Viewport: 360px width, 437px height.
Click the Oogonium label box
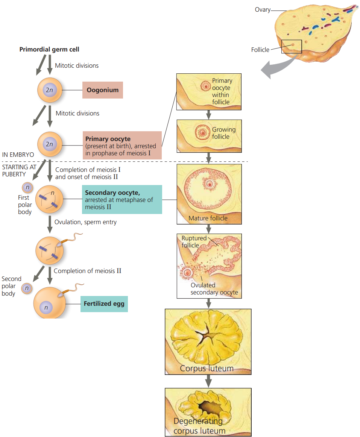pyautogui.click(x=102, y=90)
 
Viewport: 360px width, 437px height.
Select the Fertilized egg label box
pyautogui.click(x=104, y=303)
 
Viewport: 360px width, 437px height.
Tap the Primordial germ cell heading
pyautogui.click(x=49, y=49)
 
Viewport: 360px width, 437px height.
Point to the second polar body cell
pyautogui.click(x=26, y=288)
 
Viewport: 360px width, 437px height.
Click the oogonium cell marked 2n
pyautogui.click(x=49, y=90)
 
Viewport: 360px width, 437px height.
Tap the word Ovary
pyautogui.click(x=262, y=10)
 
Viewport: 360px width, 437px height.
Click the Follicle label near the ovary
pyautogui.click(x=260, y=50)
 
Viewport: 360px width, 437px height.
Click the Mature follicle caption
pyautogui.click(x=208, y=218)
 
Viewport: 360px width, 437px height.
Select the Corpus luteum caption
pyautogui.click(x=207, y=368)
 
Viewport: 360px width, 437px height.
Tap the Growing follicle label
pyautogui.click(x=223, y=133)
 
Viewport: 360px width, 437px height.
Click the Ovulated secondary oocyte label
pyautogui.click(x=214, y=289)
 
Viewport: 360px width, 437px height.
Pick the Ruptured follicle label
pyautogui.click(x=193, y=241)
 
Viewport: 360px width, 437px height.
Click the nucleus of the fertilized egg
pyautogui.click(x=46, y=308)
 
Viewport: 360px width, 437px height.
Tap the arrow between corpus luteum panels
pyautogui.click(x=208, y=381)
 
